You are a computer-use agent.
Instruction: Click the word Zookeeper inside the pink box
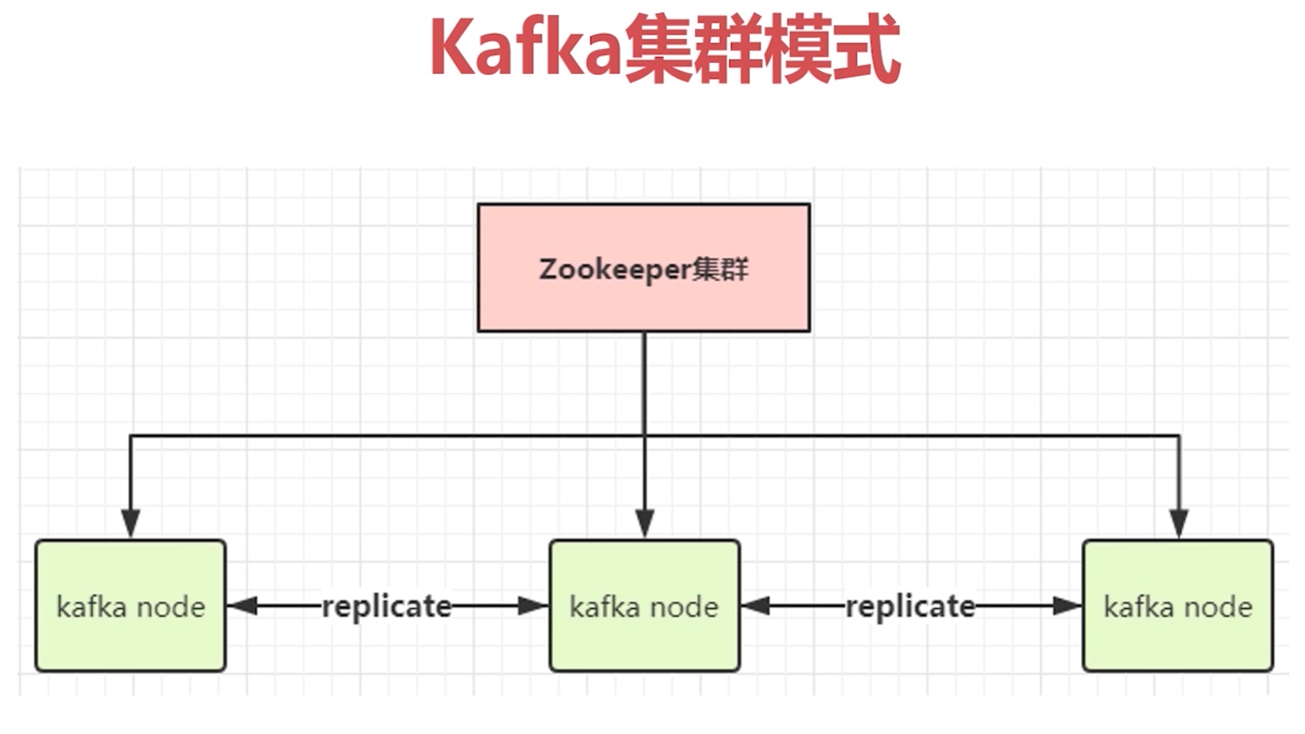tap(615, 270)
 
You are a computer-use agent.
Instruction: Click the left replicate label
tap(387, 607)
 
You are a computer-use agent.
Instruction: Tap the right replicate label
tap(910, 607)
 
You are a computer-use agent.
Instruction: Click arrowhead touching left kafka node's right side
tap(243, 606)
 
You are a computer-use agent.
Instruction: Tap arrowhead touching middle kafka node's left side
tap(534, 606)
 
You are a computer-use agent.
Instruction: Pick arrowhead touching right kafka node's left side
tap(1067, 606)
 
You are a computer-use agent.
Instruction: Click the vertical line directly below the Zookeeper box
tap(645, 383)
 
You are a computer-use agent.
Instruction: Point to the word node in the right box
tap(1219, 607)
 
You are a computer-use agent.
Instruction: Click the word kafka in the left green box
tap(92, 607)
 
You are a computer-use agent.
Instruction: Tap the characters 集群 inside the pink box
tap(720, 270)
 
